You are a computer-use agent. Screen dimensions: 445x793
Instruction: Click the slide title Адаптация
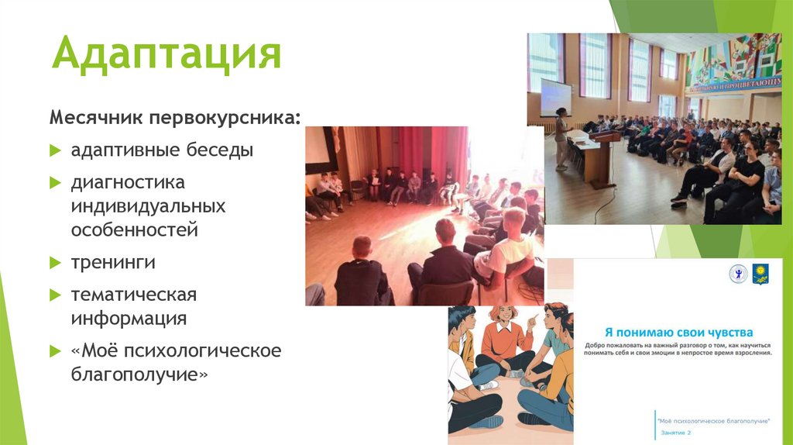pos(166,55)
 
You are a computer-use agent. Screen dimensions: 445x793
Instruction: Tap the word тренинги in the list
pos(113,262)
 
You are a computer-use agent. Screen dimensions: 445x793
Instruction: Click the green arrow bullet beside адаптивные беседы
pos(55,150)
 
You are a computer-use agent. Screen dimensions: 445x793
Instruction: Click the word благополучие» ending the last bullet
pos(140,374)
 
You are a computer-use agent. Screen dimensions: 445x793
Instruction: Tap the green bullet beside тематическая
pos(55,295)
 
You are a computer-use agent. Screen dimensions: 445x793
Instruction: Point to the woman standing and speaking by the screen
pos(561,138)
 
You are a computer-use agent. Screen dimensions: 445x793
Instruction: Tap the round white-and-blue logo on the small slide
pos(738,274)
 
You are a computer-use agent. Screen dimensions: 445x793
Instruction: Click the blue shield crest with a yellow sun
pos(760,274)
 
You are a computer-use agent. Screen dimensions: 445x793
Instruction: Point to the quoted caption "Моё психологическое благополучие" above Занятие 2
pos(712,420)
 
